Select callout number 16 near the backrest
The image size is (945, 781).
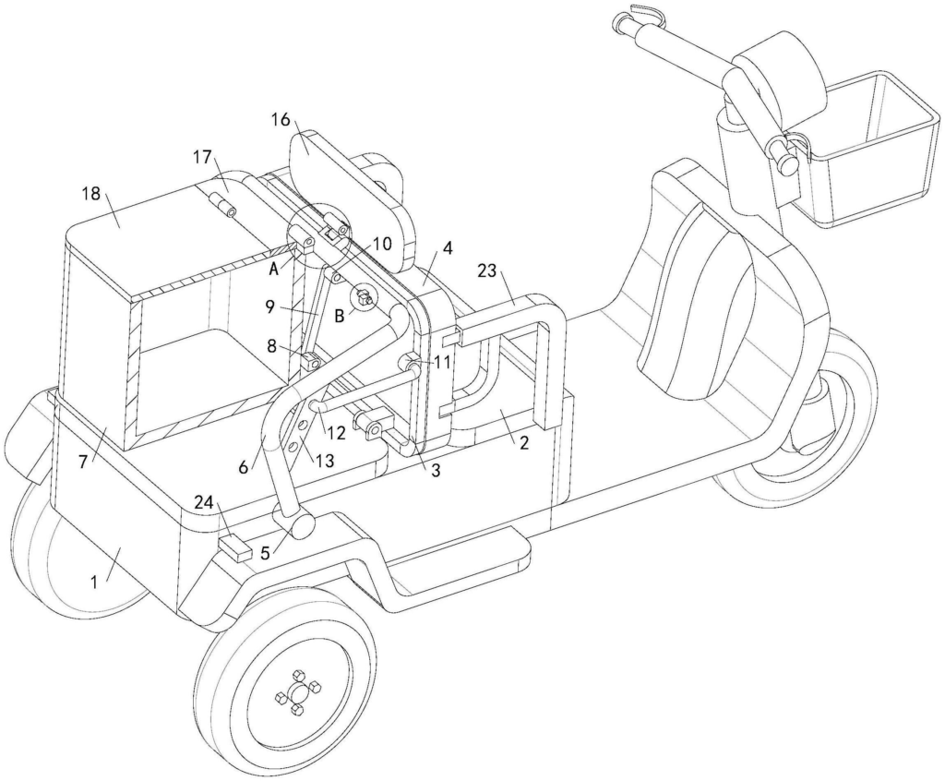pos(281,119)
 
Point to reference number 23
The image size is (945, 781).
pos(487,270)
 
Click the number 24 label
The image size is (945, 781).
pos(206,502)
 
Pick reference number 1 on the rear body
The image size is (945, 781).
pos(94,582)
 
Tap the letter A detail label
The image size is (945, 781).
pos(273,270)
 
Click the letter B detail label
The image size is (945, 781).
pos(340,316)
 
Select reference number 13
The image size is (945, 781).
pos(324,460)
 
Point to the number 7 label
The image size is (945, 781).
pos(82,462)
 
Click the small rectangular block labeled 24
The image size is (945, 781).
pos(234,548)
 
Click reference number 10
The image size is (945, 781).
pos(382,244)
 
